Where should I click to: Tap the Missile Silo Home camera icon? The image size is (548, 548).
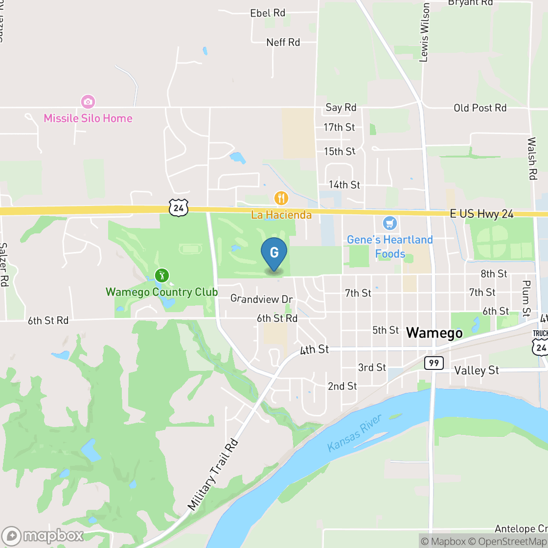(x=88, y=102)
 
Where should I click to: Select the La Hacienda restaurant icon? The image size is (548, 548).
(x=281, y=198)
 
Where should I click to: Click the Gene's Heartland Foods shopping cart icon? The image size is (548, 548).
(x=389, y=224)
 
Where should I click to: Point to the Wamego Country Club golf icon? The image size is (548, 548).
(x=162, y=275)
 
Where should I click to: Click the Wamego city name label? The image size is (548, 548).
(x=434, y=333)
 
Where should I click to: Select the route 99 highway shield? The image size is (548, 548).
(x=434, y=363)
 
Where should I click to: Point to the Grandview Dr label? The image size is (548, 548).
(x=261, y=298)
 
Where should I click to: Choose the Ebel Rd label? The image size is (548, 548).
(x=268, y=13)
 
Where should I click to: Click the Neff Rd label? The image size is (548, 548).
(x=283, y=43)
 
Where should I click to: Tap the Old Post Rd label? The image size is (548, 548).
(x=480, y=108)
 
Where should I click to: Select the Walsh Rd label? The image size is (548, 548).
(x=532, y=159)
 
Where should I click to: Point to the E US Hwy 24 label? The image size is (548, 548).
(x=482, y=214)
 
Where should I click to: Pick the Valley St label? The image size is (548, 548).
(x=477, y=370)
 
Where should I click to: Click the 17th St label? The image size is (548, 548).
(x=339, y=127)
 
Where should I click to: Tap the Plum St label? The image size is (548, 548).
(x=526, y=298)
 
